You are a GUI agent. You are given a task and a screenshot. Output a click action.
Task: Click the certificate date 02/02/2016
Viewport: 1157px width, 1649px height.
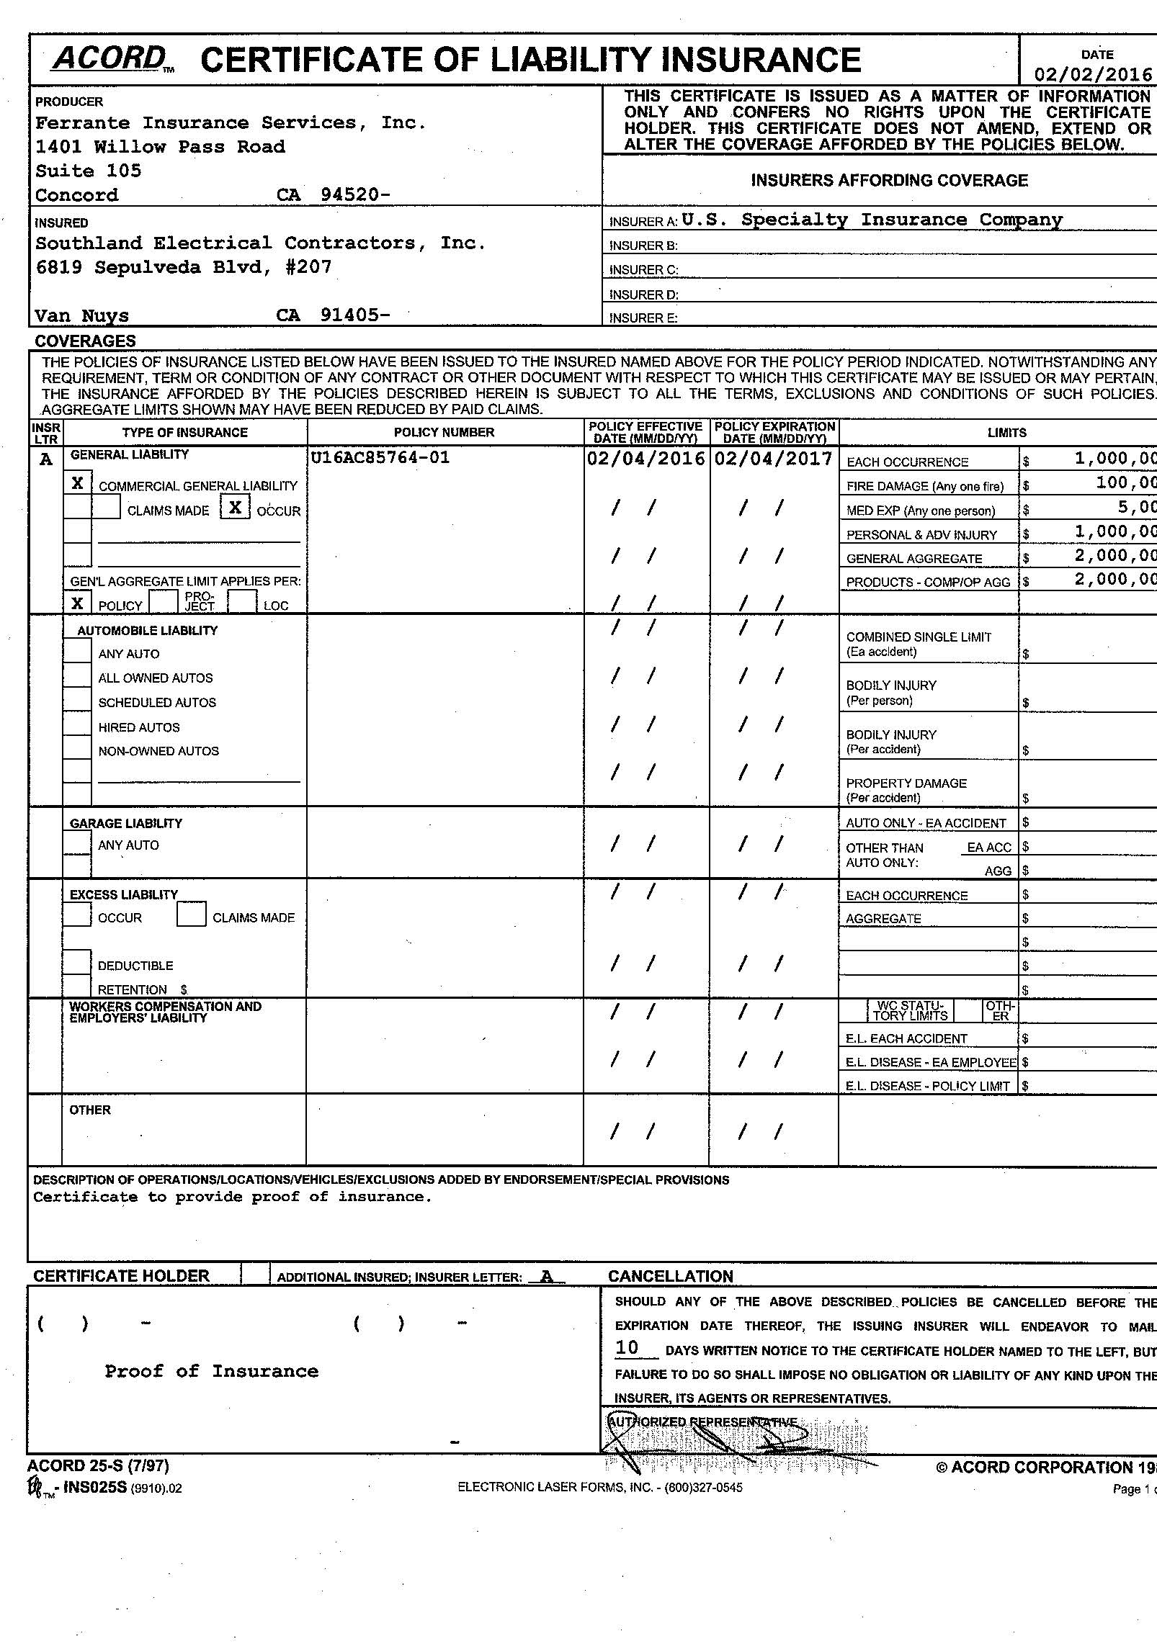tap(1093, 75)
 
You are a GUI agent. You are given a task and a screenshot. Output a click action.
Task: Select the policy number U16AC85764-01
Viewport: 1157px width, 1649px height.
tap(381, 457)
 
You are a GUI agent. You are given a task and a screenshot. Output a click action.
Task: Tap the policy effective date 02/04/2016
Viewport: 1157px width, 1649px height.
tap(645, 459)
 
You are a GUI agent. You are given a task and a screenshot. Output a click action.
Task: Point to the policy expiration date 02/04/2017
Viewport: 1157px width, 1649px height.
tap(773, 459)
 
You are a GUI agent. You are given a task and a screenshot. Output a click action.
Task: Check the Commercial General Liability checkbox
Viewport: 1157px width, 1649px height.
tap(78, 483)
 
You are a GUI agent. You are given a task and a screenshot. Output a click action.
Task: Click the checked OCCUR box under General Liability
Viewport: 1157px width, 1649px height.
tap(235, 507)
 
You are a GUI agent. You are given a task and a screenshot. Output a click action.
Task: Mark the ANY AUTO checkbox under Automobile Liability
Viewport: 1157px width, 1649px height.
tap(77, 652)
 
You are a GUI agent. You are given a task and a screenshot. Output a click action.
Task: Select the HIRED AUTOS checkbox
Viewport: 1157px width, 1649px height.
tap(77, 725)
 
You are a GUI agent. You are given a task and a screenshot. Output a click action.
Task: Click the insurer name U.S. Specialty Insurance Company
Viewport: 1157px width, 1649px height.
tap(872, 220)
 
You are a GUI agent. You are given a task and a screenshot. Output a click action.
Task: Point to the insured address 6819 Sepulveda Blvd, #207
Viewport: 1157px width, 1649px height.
tap(184, 267)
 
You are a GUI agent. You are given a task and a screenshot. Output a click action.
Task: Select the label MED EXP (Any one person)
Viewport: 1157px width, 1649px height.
tap(920, 511)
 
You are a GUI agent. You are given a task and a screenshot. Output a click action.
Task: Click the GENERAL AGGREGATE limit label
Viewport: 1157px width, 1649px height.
tap(914, 559)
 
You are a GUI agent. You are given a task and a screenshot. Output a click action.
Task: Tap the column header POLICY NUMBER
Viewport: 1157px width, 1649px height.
tap(444, 432)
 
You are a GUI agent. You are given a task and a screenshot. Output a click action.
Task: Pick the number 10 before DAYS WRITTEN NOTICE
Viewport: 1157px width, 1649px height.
tap(627, 1347)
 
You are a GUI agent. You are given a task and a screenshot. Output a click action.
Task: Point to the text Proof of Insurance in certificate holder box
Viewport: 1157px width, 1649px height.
tap(211, 1371)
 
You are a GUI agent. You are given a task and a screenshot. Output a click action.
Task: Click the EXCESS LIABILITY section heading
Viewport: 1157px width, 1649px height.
tap(123, 894)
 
